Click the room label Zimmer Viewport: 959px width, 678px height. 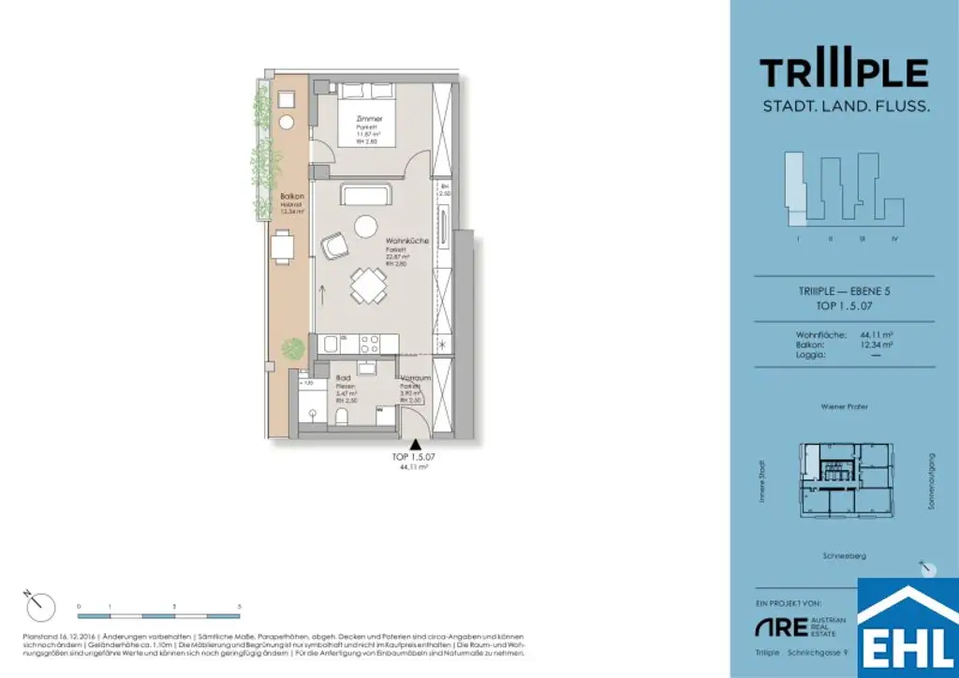pos(369,120)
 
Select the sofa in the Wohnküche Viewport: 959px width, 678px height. pos(366,196)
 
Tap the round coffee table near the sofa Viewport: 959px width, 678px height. pos(364,226)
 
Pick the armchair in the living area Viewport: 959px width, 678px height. pos(333,246)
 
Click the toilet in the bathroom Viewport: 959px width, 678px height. pos(342,415)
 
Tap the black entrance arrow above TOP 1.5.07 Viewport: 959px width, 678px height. pos(414,444)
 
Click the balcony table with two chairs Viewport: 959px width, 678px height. pos(283,247)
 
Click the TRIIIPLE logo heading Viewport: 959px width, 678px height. pos(843,73)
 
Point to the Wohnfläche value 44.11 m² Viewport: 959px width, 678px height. pos(874,334)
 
